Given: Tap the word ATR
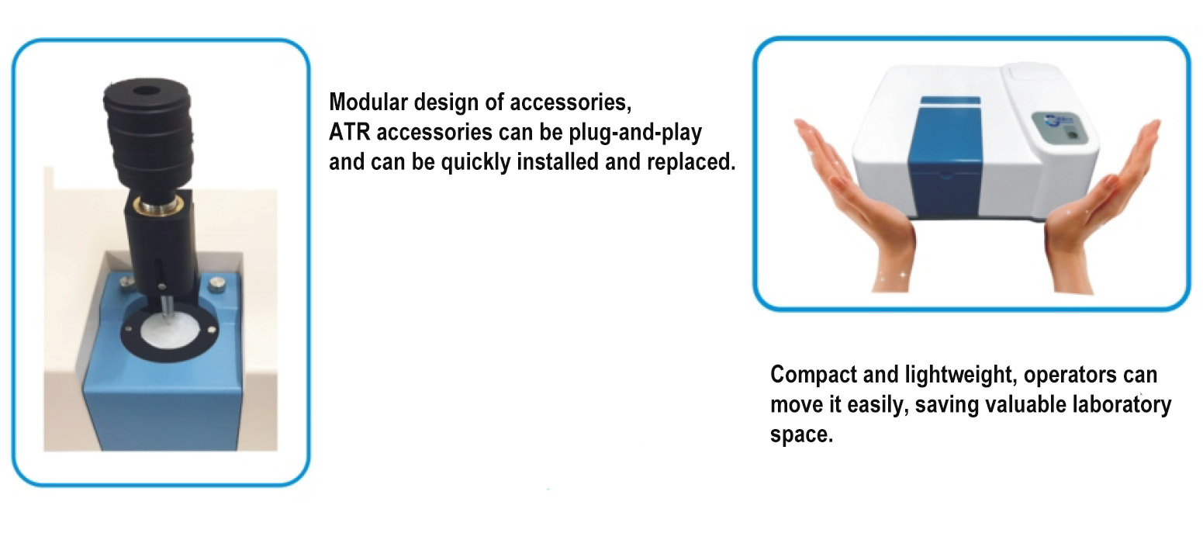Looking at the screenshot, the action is pos(349,132).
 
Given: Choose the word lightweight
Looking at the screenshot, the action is pos(961,376).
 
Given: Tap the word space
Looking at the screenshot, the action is pos(801,435).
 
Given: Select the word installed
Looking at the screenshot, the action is pos(558,161).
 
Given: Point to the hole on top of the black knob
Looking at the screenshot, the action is pos(146,91).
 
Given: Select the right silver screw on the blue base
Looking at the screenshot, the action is pos(217,284).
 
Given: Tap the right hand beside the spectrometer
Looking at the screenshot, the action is pos(1101,209).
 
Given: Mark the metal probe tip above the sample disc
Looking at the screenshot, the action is pos(167,310).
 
